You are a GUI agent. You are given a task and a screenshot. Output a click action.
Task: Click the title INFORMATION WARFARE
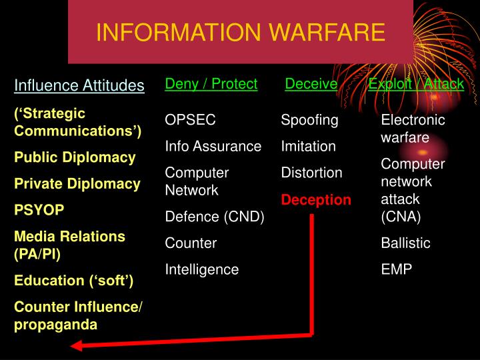tap(240, 32)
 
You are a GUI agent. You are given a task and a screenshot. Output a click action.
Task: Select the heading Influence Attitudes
tap(79, 85)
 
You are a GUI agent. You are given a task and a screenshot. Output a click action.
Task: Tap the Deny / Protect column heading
tap(211, 83)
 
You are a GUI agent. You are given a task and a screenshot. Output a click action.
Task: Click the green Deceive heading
tap(311, 83)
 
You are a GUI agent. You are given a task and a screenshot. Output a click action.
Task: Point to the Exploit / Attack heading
tap(416, 83)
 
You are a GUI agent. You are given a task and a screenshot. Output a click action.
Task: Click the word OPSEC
tap(191, 120)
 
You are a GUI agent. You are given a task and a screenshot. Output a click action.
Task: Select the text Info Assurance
tap(213, 146)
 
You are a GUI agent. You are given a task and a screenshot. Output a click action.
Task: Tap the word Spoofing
tap(309, 120)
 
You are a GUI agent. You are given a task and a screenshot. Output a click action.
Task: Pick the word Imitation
tap(308, 146)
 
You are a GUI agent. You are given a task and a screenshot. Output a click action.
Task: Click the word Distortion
tap(311, 173)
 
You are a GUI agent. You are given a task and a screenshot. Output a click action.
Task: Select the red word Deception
tap(316, 200)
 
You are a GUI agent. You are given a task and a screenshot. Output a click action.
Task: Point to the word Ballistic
tap(405, 243)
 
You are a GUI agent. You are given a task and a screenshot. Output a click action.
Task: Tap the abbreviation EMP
tap(397, 269)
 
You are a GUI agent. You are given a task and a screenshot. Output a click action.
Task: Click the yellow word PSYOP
tap(39, 210)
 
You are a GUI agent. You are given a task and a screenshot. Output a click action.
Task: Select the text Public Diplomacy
tap(75, 158)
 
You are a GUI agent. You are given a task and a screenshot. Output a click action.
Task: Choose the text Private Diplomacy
tap(77, 184)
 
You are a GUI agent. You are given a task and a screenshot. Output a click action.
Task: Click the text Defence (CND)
tap(215, 217)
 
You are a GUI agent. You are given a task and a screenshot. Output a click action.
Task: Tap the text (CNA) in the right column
tap(401, 217)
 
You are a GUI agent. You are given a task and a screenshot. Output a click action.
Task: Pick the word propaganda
tap(56, 325)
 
